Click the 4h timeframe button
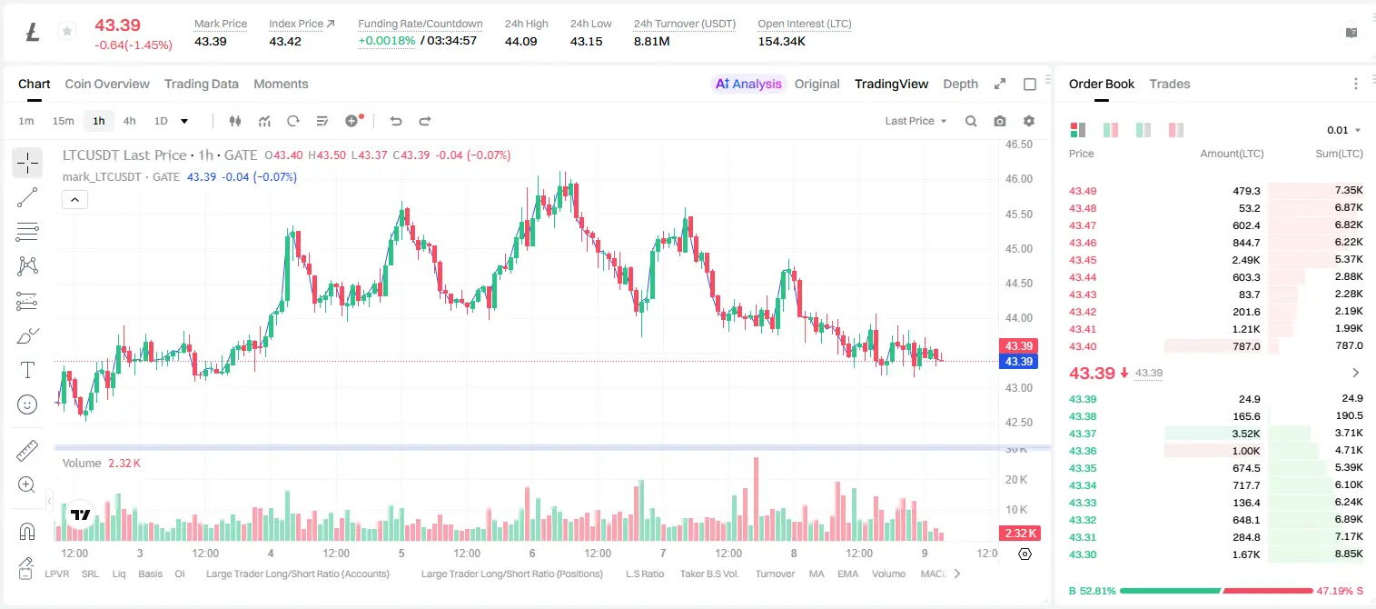coord(129,121)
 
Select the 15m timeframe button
coord(63,121)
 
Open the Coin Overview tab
coord(107,84)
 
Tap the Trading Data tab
coord(201,84)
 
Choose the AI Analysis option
coord(748,84)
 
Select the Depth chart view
coord(960,84)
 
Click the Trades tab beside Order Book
coord(1170,84)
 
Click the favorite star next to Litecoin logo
coord(67,31)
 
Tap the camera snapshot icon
coord(999,121)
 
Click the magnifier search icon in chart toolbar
coord(971,121)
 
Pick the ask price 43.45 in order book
coord(1083,260)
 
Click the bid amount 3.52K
coord(1246,434)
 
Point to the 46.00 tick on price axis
coord(1018,179)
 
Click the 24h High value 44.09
coord(521,41)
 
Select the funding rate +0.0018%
coord(386,41)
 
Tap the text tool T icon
coord(27,370)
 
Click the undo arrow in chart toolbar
coord(396,121)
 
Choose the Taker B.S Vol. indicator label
coord(708,574)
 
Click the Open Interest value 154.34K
coord(781,41)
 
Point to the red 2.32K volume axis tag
coord(1018,533)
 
